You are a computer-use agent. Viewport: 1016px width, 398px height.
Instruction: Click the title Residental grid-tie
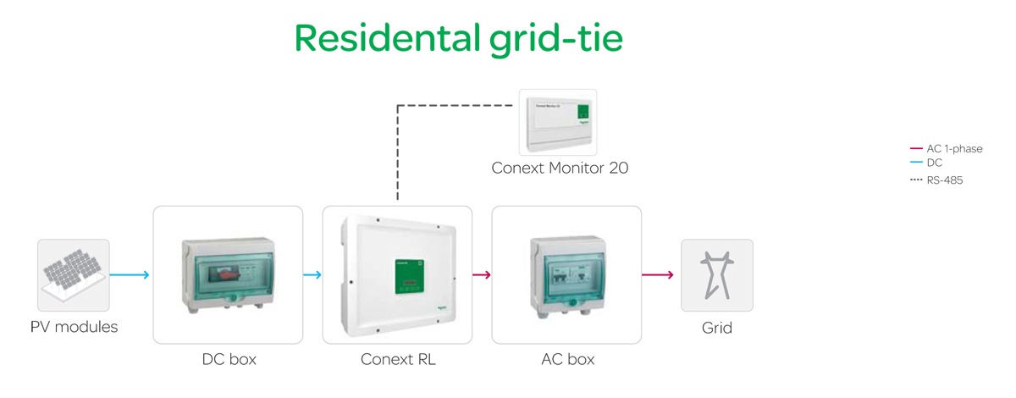[458, 38]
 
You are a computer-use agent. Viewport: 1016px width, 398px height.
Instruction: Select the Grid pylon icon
[716, 274]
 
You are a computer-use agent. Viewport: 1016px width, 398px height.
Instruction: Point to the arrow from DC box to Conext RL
[312, 274]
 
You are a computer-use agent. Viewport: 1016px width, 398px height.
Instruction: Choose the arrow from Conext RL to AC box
[482, 274]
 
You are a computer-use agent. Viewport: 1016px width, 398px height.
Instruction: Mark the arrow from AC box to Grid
[657, 274]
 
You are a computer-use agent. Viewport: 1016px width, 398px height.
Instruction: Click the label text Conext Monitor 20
[560, 168]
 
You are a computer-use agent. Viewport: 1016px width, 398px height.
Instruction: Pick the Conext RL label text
[398, 359]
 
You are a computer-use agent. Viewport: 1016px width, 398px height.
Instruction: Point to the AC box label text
[567, 359]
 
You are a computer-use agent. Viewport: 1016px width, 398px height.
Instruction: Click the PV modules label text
[74, 327]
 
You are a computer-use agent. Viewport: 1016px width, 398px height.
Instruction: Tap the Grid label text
[716, 327]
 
